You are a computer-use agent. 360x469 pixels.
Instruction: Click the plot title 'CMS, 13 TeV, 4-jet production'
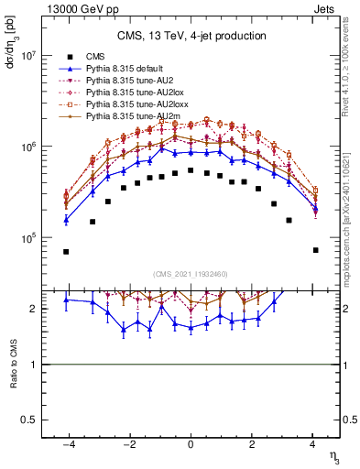(x=191, y=37)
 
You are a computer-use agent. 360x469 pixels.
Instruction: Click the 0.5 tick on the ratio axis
(x=27, y=420)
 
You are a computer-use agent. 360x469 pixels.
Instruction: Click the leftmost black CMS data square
(x=66, y=251)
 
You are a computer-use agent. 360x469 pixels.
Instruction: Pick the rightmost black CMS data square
(x=315, y=250)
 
